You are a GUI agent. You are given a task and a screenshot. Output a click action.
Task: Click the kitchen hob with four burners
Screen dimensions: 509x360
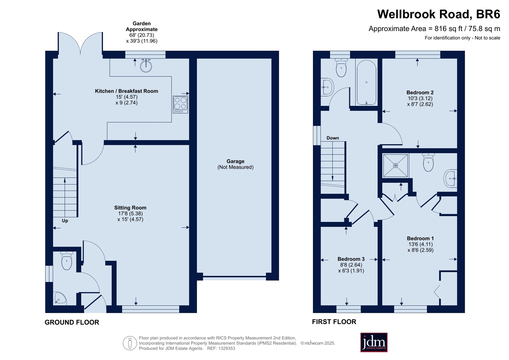pos(180,104)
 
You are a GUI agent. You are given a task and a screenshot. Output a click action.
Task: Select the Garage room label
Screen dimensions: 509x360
pos(236,161)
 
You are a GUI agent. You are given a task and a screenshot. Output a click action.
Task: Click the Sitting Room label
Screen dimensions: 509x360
pos(130,208)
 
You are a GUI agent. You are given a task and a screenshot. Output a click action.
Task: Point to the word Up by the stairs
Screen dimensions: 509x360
pos(65,221)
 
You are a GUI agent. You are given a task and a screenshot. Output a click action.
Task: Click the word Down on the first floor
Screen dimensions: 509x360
pos(333,138)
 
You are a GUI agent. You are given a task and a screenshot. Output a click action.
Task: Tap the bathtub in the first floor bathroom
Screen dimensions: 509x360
pos(366,82)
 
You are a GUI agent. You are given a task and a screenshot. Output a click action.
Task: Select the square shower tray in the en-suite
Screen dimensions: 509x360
pos(395,166)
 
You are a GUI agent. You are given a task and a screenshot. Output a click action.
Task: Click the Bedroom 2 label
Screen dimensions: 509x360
pos(420,93)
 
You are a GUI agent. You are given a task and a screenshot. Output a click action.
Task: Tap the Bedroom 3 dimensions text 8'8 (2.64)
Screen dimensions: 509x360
pos(351,265)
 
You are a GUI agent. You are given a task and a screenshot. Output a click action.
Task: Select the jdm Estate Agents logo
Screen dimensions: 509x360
pos(374,342)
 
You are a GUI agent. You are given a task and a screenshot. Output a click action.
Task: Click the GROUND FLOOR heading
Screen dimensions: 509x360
pos(72,322)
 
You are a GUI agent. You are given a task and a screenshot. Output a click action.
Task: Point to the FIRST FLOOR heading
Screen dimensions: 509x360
pos(334,322)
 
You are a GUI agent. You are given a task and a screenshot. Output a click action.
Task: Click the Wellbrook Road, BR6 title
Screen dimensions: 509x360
pos(439,14)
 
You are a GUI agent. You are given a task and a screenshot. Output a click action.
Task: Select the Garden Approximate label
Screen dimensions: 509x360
pos(142,26)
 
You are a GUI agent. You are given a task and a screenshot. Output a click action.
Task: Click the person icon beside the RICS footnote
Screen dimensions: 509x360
pos(130,343)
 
